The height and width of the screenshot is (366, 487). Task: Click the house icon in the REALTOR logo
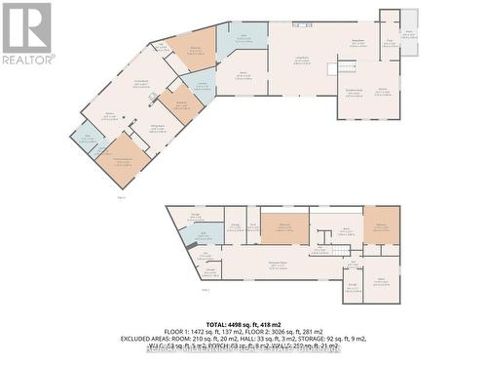27,27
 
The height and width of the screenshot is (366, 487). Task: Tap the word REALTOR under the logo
27,60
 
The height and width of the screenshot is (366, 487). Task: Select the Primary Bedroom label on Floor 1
122,159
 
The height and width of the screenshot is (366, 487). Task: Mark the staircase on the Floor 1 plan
345,68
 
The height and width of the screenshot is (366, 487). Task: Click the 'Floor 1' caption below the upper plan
122,197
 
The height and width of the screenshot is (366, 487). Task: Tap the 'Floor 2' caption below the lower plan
206,290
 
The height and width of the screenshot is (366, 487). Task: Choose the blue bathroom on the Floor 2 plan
207,234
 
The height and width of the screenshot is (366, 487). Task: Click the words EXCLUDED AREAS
150,339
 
